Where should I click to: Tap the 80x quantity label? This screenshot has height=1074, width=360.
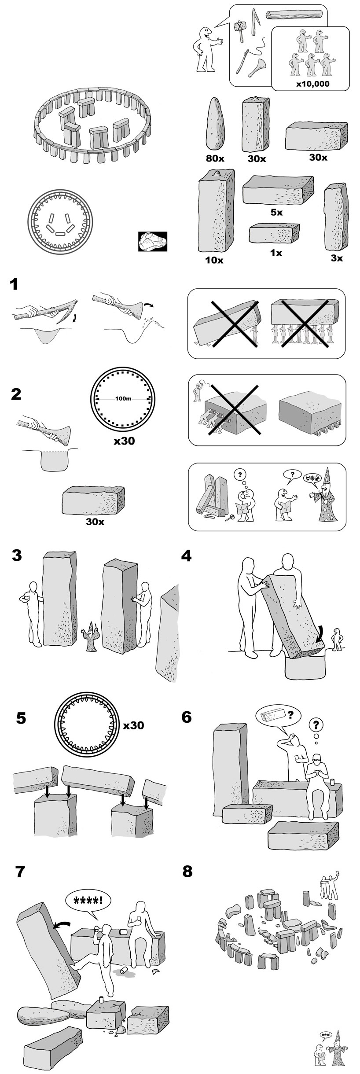pos(215,158)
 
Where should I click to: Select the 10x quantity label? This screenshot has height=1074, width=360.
pos(214,260)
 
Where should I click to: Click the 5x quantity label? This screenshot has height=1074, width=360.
pos(276,213)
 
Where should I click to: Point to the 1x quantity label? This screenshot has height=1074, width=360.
pos(276,253)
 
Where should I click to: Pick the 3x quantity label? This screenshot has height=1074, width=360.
pos(337,258)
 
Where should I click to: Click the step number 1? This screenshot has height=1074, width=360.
pos(15,284)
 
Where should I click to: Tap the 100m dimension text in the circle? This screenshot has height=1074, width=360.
pos(123,399)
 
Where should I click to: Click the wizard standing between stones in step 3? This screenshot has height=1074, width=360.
pos(91,637)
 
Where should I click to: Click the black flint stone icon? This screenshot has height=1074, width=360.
pos(152,242)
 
